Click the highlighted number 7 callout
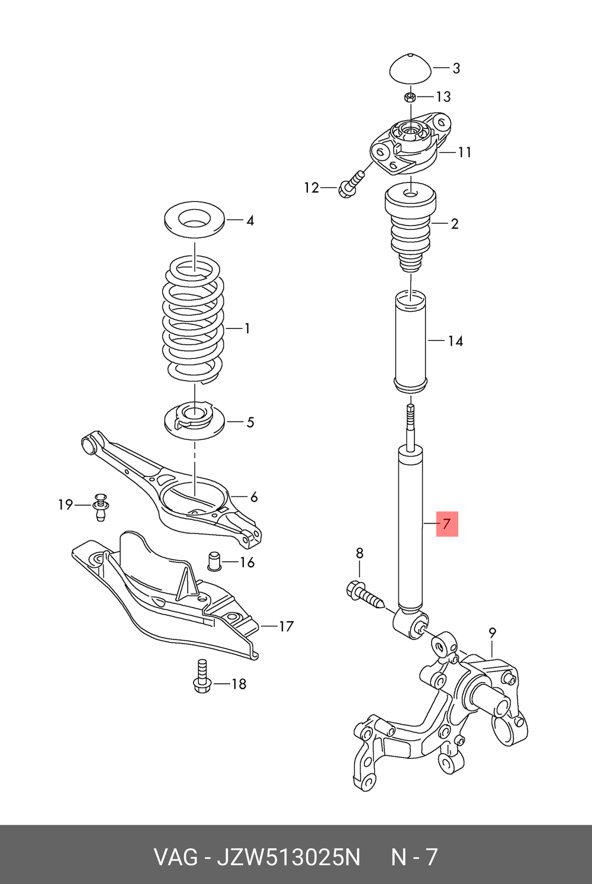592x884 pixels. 447,523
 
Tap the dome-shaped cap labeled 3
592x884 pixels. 410,70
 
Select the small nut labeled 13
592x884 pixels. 410,97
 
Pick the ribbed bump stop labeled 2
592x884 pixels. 410,228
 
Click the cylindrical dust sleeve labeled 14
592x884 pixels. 410,341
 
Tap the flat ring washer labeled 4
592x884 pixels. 194,221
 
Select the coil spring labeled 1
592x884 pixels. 194,320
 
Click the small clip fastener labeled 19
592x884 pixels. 101,506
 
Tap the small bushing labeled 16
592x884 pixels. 214,561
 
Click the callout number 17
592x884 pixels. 286,626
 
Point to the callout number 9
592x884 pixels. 493,634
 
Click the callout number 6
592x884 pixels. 254,497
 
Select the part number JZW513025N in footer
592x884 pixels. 288,857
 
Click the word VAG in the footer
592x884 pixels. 175,857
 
